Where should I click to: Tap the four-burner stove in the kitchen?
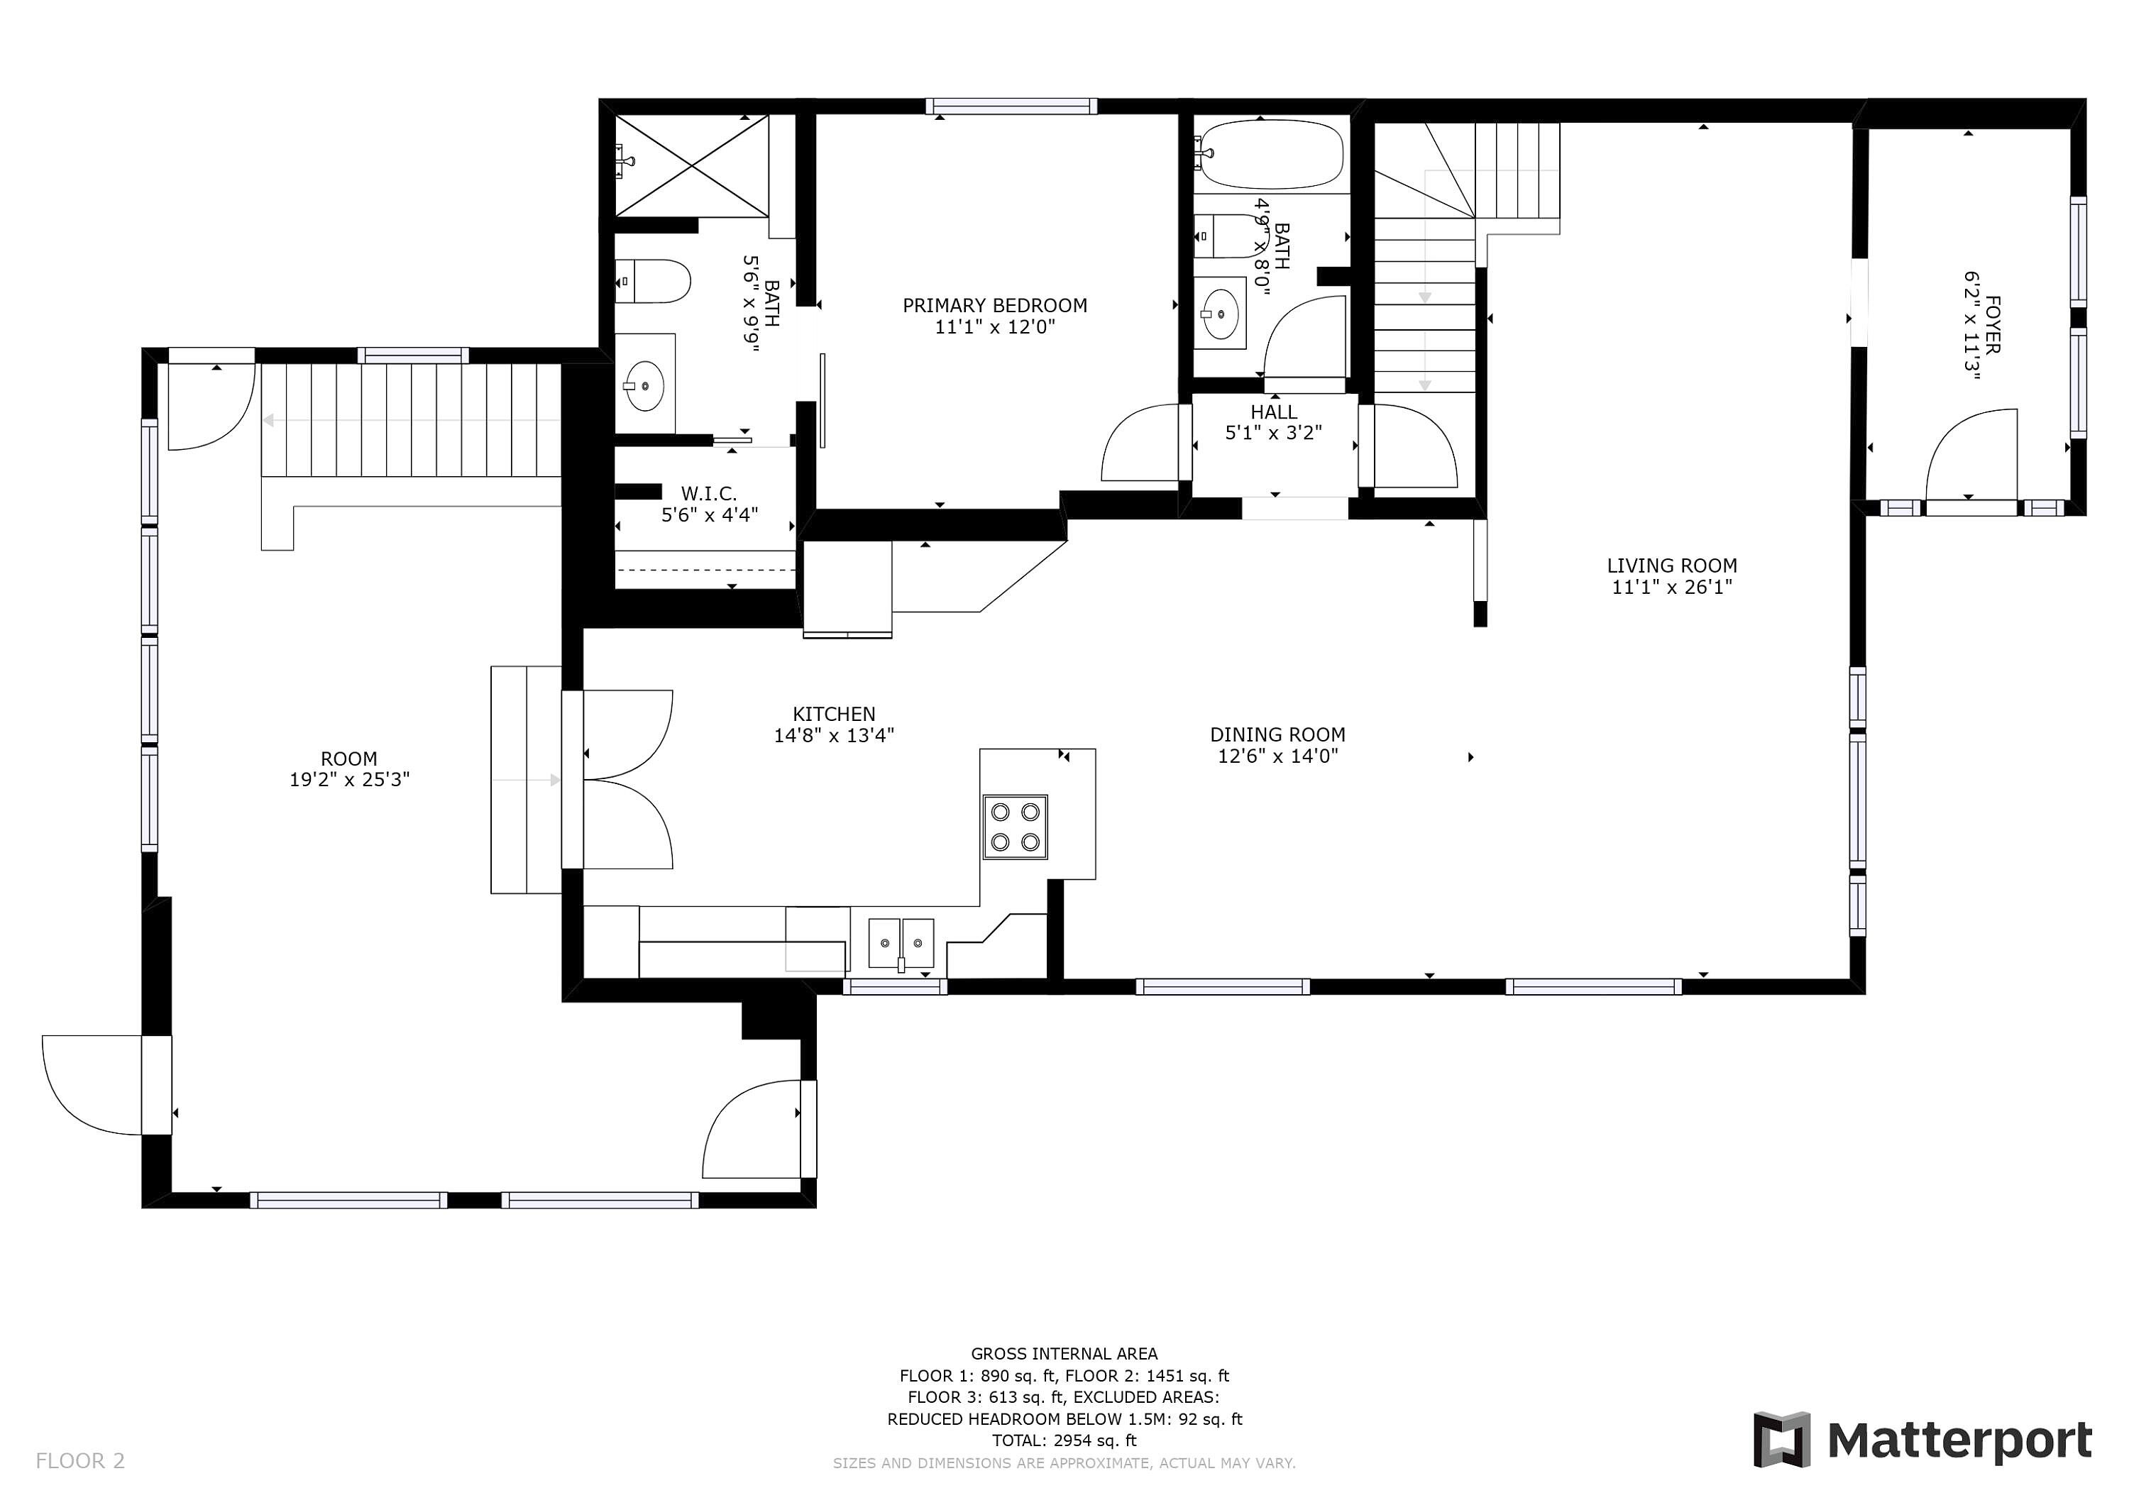1016,826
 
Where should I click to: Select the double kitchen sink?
901,943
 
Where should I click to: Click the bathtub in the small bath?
1268,154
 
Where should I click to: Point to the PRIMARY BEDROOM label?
995,305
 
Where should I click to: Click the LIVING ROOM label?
1672,565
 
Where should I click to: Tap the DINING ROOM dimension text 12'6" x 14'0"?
1278,756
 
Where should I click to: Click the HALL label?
1274,412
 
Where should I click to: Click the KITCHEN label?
834,713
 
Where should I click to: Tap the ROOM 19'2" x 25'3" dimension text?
350,780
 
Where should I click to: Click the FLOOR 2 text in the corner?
79,1460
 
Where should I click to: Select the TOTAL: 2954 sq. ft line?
1064,1440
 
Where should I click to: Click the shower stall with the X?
692,166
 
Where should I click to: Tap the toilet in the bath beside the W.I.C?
653,281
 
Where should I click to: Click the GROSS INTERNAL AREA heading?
1064,1354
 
